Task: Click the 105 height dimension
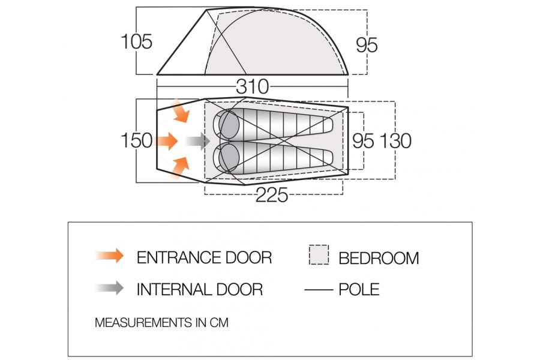pyautogui.click(x=137, y=42)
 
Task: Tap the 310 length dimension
pyautogui.click(x=252, y=87)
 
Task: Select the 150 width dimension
pyautogui.click(x=137, y=140)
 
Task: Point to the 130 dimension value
pyautogui.click(x=395, y=140)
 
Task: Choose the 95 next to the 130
pyautogui.click(x=363, y=140)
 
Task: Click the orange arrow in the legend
pyautogui.click(x=109, y=256)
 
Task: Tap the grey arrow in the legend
pyautogui.click(x=109, y=289)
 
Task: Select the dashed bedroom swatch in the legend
pyautogui.click(x=319, y=255)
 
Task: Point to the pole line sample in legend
pyautogui.click(x=319, y=289)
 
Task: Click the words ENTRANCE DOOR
pyautogui.click(x=204, y=257)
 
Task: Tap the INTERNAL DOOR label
pyautogui.click(x=199, y=289)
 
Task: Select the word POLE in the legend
pyautogui.click(x=359, y=289)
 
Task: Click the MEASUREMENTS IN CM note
pyautogui.click(x=161, y=323)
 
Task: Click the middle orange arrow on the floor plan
pyautogui.click(x=166, y=142)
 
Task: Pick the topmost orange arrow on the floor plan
pyautogui.click(x=179, y=112)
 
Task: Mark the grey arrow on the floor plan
pyautogui.click(x=197, y=142)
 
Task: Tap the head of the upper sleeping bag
pyautogui.click(x=229, y=125)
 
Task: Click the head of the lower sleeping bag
pyautogui.click(x=229, y=157)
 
